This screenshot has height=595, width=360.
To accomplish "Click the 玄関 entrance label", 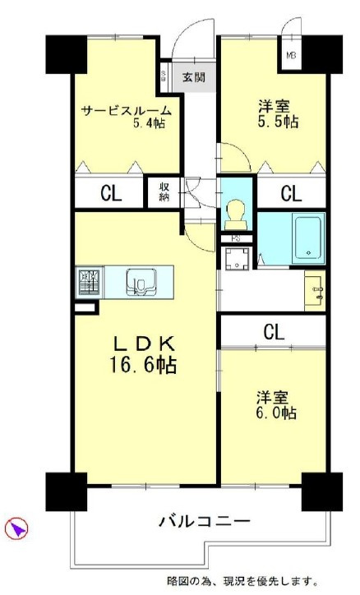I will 194,79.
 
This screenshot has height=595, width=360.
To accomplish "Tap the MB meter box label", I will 290,57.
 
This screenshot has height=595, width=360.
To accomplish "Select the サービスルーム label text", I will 126,110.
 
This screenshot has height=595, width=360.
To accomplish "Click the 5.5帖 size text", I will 276,121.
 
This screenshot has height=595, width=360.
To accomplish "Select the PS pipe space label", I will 235,239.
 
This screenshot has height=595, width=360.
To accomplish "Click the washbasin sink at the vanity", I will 313,290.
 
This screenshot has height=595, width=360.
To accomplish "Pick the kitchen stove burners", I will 89,282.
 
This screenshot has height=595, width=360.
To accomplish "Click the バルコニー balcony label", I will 205,521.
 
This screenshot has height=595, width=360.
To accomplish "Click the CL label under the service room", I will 110,194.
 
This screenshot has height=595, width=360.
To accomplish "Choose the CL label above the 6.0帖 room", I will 275,331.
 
